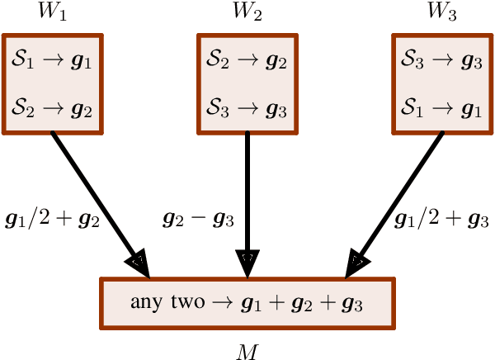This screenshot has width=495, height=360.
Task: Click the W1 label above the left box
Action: click(x=54, y=14)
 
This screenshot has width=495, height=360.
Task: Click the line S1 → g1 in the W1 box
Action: click(x=53, y=60)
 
